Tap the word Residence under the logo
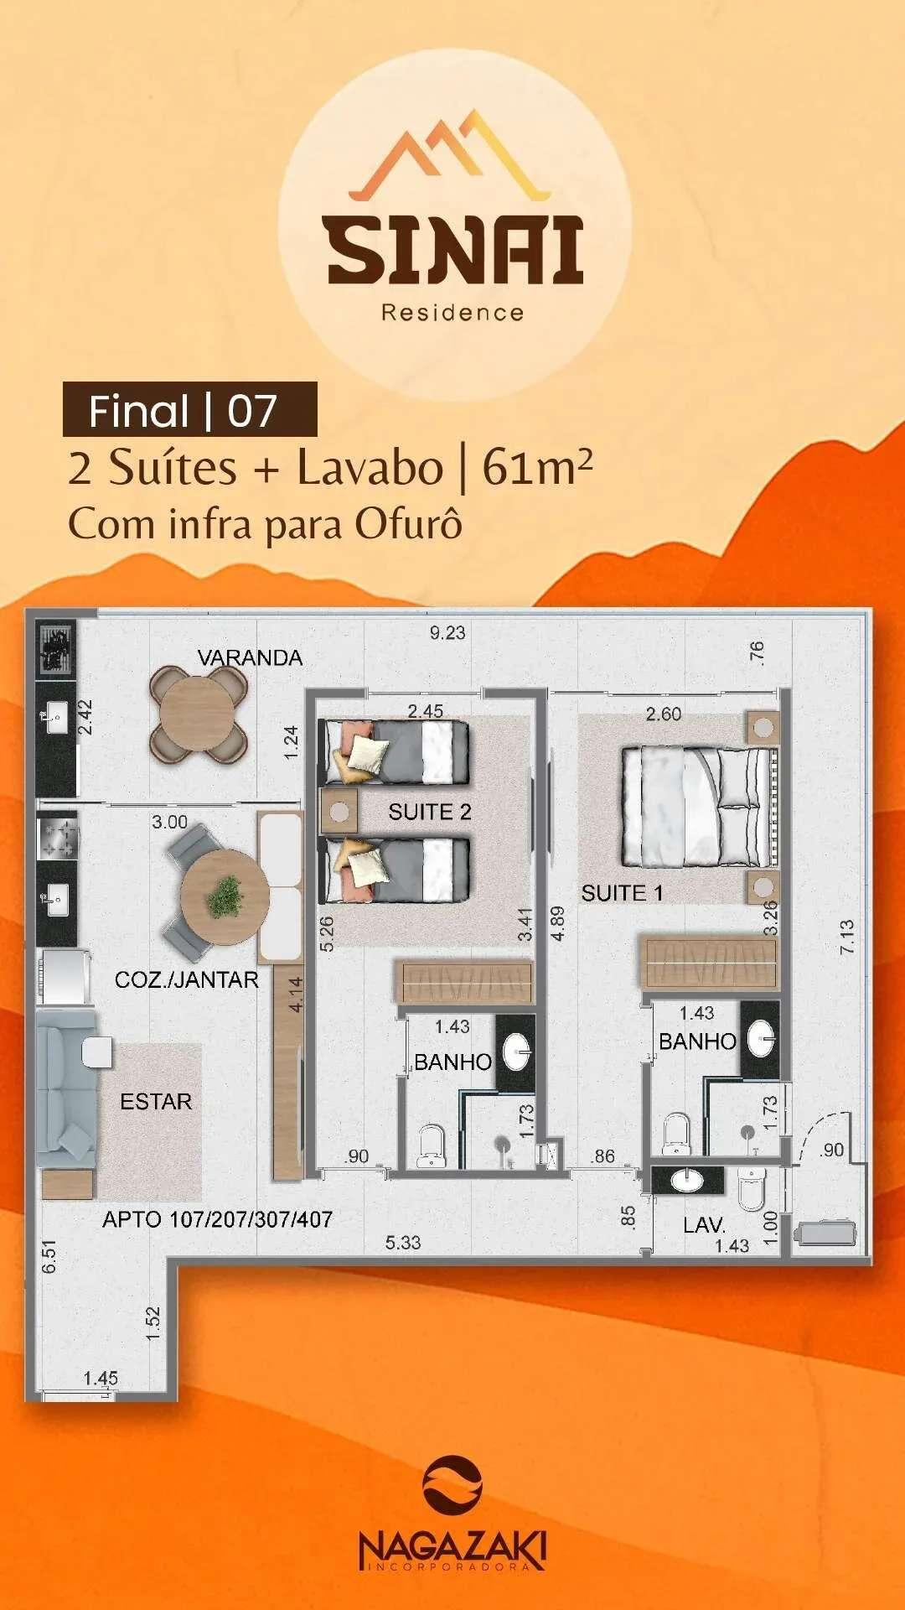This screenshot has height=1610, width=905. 452,313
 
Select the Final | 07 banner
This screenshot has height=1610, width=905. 190,409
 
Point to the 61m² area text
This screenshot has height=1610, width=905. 537,467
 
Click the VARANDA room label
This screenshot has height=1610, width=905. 250,657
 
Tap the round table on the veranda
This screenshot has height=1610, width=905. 199,713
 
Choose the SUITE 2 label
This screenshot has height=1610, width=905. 430,812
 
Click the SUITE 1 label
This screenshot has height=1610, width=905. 622,893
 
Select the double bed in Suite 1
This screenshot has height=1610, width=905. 696,807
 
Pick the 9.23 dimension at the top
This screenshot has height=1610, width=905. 447,633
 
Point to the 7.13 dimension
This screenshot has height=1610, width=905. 847,937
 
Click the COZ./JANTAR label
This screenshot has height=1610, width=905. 186,979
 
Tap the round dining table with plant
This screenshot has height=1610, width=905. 225,894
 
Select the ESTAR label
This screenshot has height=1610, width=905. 156,1101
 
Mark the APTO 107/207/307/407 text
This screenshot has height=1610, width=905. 217,1219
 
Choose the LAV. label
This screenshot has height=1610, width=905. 704,1225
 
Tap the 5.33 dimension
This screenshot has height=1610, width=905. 403,1242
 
